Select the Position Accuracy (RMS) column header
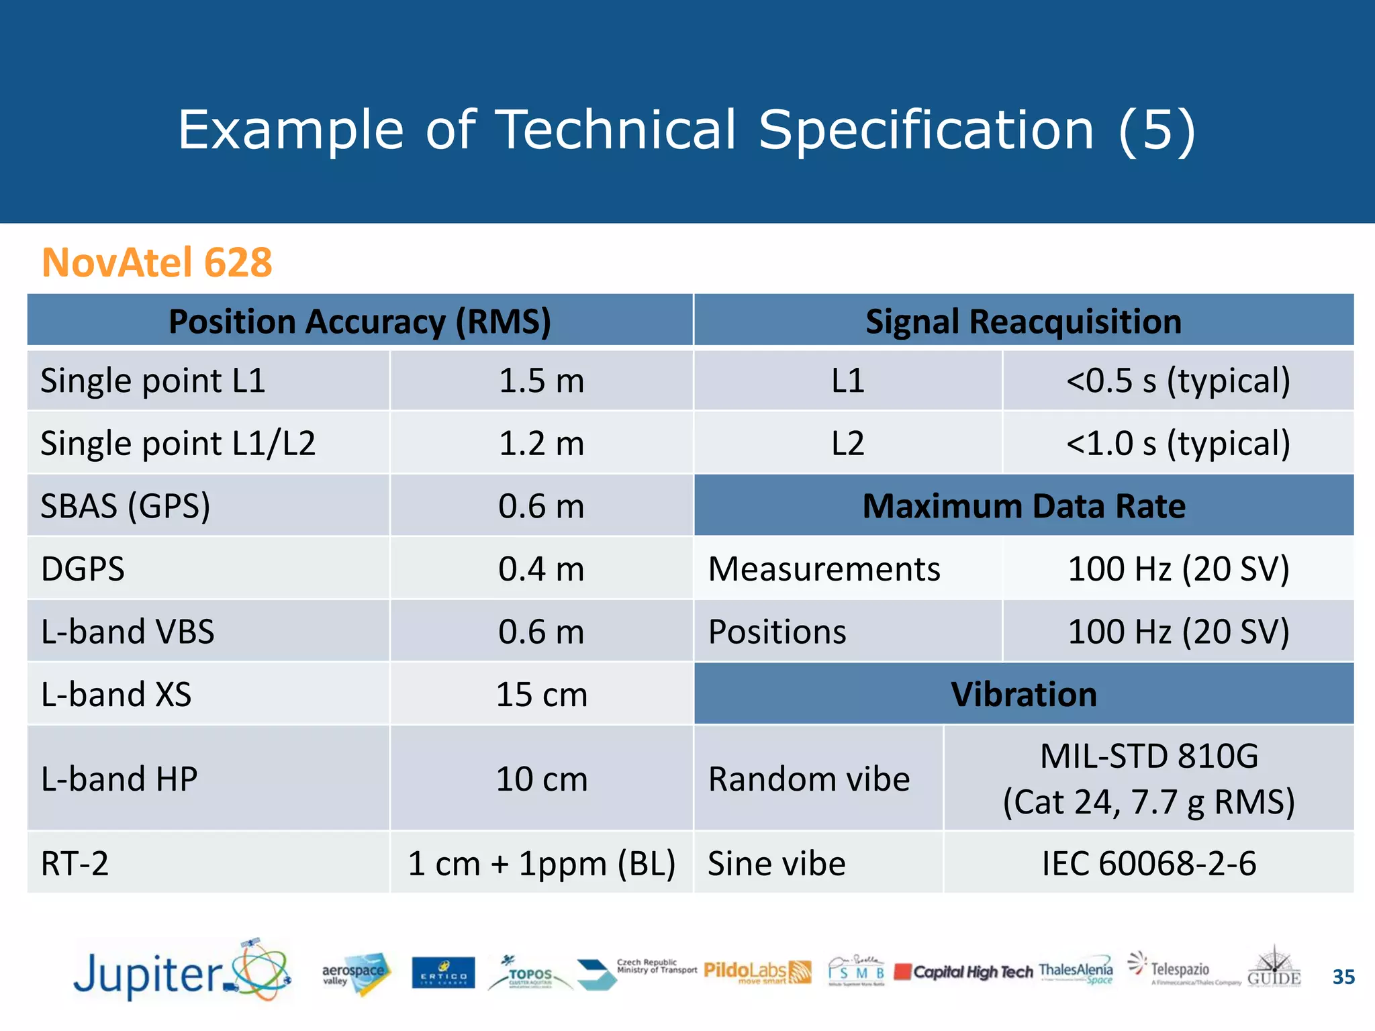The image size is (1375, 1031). [x=359, y=321]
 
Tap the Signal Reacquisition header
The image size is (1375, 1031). [x=1023, y=321]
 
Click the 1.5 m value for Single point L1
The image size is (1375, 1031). [x=541, y=381]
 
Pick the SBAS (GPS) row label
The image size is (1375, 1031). [x=126, y=505]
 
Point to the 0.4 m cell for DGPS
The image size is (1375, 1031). [x=541, y=569]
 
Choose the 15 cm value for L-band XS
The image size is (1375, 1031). [x=541, y=694]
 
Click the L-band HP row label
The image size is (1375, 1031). [x=120, y=779]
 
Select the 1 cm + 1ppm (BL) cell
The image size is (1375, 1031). [x=541, y=863]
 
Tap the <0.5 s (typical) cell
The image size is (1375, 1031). [x=1178, y=381]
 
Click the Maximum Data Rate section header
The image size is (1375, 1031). [x=1023, y=505]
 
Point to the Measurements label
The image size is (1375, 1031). [x=824, y=569]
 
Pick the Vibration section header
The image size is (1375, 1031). [x=1023, y=694]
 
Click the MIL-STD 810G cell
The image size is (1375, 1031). [x=1148, y=779]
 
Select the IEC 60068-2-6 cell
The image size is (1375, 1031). [x=1148, y=863]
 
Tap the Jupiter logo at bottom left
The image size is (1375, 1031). [x=181, y=972]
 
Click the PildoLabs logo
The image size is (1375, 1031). [x=757, y=971]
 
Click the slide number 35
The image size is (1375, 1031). [x=1343, y=977]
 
